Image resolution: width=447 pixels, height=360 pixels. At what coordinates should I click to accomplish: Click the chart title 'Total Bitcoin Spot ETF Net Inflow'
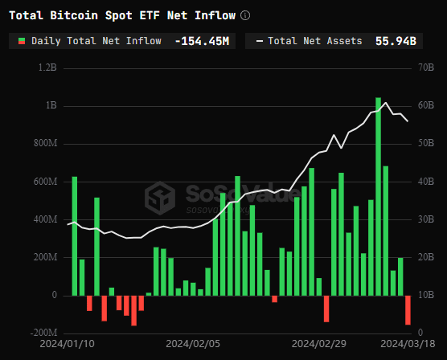122,15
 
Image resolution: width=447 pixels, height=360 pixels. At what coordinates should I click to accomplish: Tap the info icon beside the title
245,15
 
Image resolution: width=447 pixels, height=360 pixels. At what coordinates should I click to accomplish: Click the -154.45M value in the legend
201,40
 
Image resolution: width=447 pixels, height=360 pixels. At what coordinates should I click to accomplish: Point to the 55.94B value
396,40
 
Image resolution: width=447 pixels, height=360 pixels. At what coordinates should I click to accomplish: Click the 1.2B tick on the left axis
47,68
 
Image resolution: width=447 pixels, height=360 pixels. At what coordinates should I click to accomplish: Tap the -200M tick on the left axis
43,333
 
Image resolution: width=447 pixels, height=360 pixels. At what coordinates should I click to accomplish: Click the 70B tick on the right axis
423,68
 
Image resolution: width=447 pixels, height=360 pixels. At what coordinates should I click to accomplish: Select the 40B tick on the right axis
423,182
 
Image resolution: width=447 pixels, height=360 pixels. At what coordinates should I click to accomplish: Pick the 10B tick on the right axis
423,295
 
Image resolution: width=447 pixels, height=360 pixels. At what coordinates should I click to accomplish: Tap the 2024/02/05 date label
193,342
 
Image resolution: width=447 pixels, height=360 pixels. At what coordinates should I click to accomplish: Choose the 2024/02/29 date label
319,342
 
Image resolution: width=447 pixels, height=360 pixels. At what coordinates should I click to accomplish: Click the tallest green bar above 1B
378,196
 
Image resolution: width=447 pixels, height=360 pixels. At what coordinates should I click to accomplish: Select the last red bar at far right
408,310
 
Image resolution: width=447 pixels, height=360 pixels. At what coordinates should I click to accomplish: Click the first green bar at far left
74,235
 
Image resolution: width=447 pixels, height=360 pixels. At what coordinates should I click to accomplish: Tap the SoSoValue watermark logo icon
159,197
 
